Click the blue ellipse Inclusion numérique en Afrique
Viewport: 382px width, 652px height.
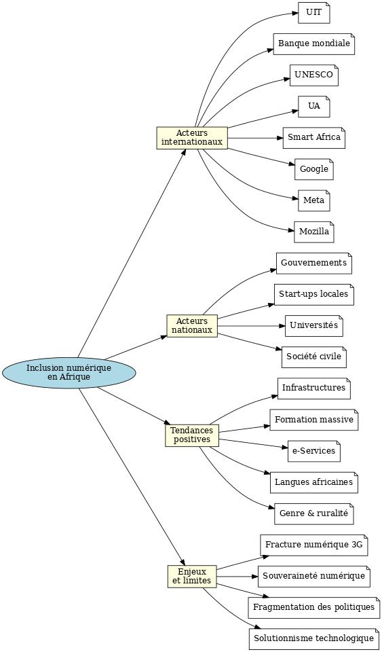pyautogui.click(x=69, y=373)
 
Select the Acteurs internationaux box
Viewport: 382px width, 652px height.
pyautogui.click(x=192, y=138)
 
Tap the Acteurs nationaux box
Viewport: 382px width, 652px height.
pyautogui.click(x=192, y=326)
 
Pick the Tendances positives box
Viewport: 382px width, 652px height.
pyautogui.click(x=192, y=435)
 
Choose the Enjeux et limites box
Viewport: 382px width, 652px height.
pyautogui.click(x=192, y=577)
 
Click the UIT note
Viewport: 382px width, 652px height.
pyautogui.click(x=314, y=12)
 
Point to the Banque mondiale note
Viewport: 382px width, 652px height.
pyautogui.click(x=314, y=43)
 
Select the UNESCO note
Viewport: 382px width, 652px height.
pyautogui.click(x=314, y=75)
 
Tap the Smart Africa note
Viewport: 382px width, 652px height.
pyautogui.click(x=314, y=138)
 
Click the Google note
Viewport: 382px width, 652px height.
pyautogui.click(x=314, y=169)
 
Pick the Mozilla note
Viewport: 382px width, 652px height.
pyautogui.click(x=314, y=232)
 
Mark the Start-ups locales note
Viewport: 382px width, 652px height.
pyautogui.click(x=314, y=295)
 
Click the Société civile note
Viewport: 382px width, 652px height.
pyautogui.click(x=314, y=357)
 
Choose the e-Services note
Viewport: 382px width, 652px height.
pyautogui.click(x=314, y=451)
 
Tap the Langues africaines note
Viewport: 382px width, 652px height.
pyautogui.click(x=314, y=482)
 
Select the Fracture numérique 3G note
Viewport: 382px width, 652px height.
pyautogui.click(x=314, y=545)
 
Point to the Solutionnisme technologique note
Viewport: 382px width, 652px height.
pyautogui.click(x=314, y=639)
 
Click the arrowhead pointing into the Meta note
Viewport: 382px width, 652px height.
pyautogui.click(x=295, y=198)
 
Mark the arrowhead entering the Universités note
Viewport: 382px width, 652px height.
pyautogui.click(x=282, y=326)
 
